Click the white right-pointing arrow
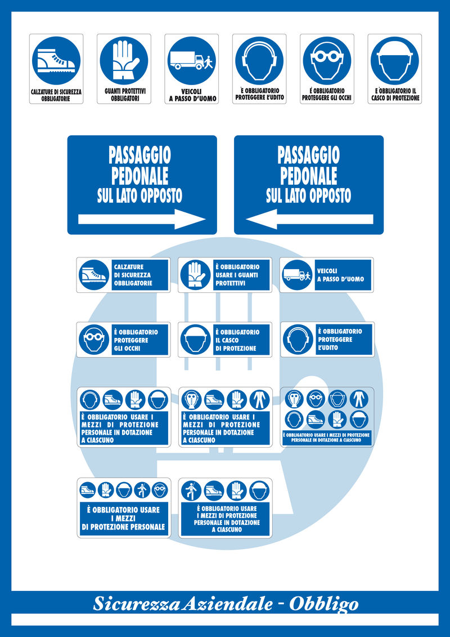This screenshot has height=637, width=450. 142,219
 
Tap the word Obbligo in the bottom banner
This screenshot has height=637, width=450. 323,604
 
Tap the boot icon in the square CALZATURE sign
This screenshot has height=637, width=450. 56,60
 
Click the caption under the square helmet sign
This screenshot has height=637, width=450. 395,94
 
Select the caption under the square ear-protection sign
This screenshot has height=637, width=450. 259,94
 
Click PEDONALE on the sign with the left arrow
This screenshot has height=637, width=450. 308,175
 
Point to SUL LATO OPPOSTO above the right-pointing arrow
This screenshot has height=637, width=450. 139,195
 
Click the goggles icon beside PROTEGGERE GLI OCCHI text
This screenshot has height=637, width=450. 93,340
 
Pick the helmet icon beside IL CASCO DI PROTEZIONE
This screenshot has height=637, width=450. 195,340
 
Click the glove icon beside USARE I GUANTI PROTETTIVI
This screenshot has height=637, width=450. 195,275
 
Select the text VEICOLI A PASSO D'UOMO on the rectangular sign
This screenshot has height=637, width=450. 340,275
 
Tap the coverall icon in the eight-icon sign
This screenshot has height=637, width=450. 359,399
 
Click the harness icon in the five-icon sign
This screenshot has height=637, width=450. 142,489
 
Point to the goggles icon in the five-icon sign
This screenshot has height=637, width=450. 160,489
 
